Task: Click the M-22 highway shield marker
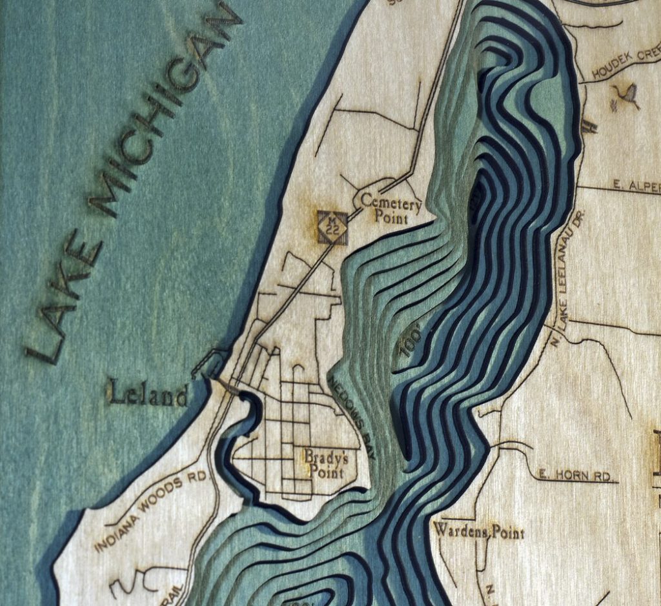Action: pos(332,228)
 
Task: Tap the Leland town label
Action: pos(148,394)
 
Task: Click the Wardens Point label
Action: pos(478,532)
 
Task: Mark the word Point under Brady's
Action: pos(325,472)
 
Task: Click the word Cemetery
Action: pos(391,201)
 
